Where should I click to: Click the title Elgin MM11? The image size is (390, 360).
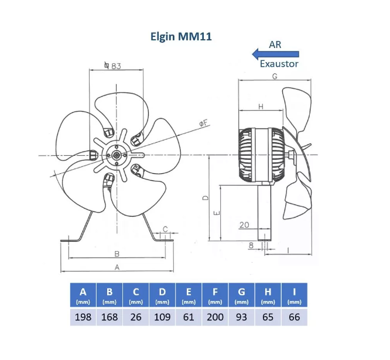(179, 36)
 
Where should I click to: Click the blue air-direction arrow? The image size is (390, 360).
(275, 54)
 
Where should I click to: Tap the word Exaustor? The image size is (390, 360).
(279, 64)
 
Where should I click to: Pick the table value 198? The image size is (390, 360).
(83, 317)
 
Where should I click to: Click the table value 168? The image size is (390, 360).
(110, 317)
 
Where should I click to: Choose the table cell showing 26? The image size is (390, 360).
(136, 317)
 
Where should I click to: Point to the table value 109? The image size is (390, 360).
(162, 317)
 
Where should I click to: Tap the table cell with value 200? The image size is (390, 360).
(215, 317)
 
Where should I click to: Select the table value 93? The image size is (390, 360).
(241, 317)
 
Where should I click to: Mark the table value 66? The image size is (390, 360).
(294, 317)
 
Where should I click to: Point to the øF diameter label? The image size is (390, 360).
(202, 122)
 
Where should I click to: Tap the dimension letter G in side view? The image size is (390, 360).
(274, 77)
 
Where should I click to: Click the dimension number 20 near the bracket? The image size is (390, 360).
(244, 225)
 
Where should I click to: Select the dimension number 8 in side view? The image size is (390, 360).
(251, 246)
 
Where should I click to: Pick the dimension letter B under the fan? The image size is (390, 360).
(117, 253)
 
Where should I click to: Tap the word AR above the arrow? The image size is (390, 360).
(275, 44)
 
